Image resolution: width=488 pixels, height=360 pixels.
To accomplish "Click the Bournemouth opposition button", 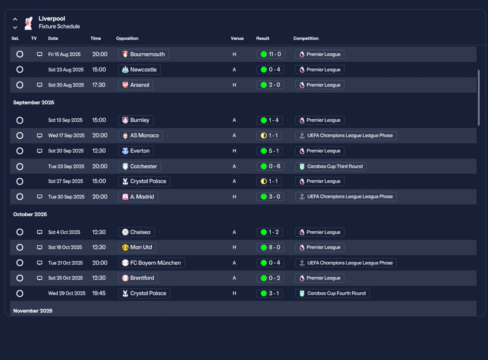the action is (143, 54).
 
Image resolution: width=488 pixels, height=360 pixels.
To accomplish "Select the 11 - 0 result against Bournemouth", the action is (271, 54).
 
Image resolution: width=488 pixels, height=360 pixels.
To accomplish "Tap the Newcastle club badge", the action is (125, 70).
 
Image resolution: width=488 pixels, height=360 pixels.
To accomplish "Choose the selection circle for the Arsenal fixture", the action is (20, 85).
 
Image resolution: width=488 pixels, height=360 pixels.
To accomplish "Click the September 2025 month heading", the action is (34, 102).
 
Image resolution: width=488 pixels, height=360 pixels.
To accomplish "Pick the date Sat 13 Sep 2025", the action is (65, 120).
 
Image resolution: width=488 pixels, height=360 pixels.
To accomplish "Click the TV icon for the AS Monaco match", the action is (40, 136).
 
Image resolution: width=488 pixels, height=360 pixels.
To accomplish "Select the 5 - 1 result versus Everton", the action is (270, 151).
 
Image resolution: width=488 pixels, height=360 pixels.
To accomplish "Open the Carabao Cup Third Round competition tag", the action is (331, 166).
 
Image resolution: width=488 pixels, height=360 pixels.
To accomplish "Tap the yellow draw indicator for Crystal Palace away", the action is (263, 181).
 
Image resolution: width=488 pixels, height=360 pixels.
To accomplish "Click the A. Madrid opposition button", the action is (138, 197).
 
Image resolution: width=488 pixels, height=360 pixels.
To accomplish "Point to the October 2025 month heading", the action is (30, 214).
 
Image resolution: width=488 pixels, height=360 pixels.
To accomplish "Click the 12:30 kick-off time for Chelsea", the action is (99, 232).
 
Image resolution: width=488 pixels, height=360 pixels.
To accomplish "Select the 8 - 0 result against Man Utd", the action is (270, 247).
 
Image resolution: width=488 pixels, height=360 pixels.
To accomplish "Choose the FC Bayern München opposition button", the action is (151, 263).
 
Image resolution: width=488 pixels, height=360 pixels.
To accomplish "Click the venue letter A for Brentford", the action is (234, 278).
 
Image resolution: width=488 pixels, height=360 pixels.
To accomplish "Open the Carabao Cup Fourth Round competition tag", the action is (332, 293).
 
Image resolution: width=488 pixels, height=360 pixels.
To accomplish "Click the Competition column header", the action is (306, 38).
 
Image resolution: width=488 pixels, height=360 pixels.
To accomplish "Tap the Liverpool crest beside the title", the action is (29, 23).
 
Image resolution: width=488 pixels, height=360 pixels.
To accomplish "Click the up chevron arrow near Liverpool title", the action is (15, 19).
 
